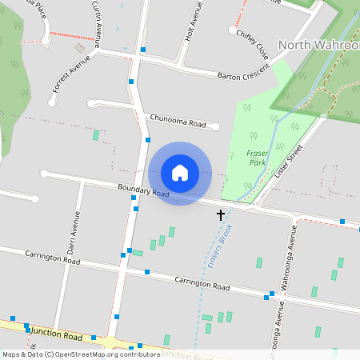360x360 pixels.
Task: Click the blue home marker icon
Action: [x=180, y=173]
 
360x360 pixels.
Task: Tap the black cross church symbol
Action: [x=221, y=214]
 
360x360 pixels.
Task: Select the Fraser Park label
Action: [x=258, y=157]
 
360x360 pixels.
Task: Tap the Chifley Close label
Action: [x=252, y=44]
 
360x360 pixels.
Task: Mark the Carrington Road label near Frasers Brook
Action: [x=202, y=283]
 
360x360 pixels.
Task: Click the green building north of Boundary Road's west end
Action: [x=96, y=135]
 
